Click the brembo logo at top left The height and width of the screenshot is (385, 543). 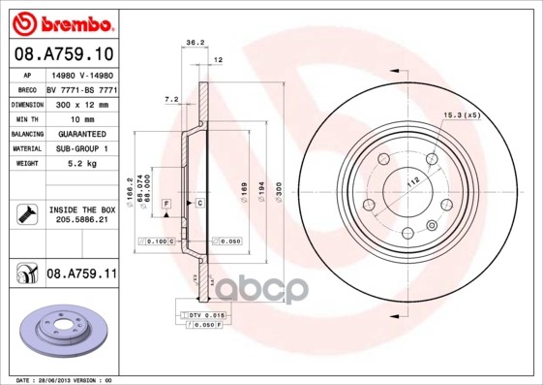click(x=63, y=21)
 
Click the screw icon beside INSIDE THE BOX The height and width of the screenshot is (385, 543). click(x=25, y=215)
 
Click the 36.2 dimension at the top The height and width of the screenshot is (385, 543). click(x=194, y=43)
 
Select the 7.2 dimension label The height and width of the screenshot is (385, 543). click(x=172, y=99)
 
